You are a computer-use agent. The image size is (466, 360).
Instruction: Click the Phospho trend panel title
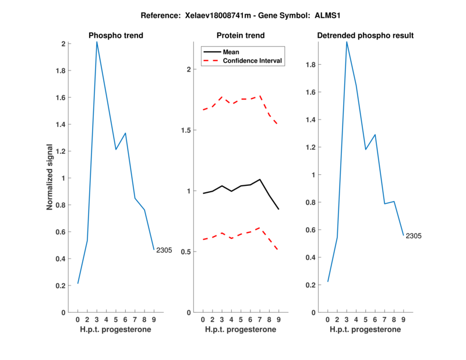coord(116,36)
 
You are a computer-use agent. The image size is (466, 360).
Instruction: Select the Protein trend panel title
coord(241,36)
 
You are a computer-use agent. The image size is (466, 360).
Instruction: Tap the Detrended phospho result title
coord(365,36)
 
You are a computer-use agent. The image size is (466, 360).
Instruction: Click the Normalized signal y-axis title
coord(50,177)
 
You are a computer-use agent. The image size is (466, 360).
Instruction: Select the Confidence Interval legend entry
coord(253,61)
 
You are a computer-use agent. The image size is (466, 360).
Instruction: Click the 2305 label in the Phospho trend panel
coord(164,250)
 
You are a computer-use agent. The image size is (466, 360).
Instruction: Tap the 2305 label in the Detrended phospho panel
coord(414,236)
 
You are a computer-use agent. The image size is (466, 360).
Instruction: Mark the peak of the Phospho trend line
coord(97,41)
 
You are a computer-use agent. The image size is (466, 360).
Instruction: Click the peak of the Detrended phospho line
coord(347,41)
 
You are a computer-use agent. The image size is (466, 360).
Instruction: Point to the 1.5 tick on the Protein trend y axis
coord(188,130)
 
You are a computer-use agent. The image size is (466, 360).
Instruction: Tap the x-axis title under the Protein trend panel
coord(241,330)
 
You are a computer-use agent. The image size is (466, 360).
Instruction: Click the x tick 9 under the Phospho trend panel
coord(154,320)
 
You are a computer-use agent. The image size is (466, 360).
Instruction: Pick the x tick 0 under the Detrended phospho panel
coord(327,320)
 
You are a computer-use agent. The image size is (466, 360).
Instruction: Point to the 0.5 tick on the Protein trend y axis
coord(188,252)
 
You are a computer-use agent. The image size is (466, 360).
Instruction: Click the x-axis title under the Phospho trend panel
coord(116,330)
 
